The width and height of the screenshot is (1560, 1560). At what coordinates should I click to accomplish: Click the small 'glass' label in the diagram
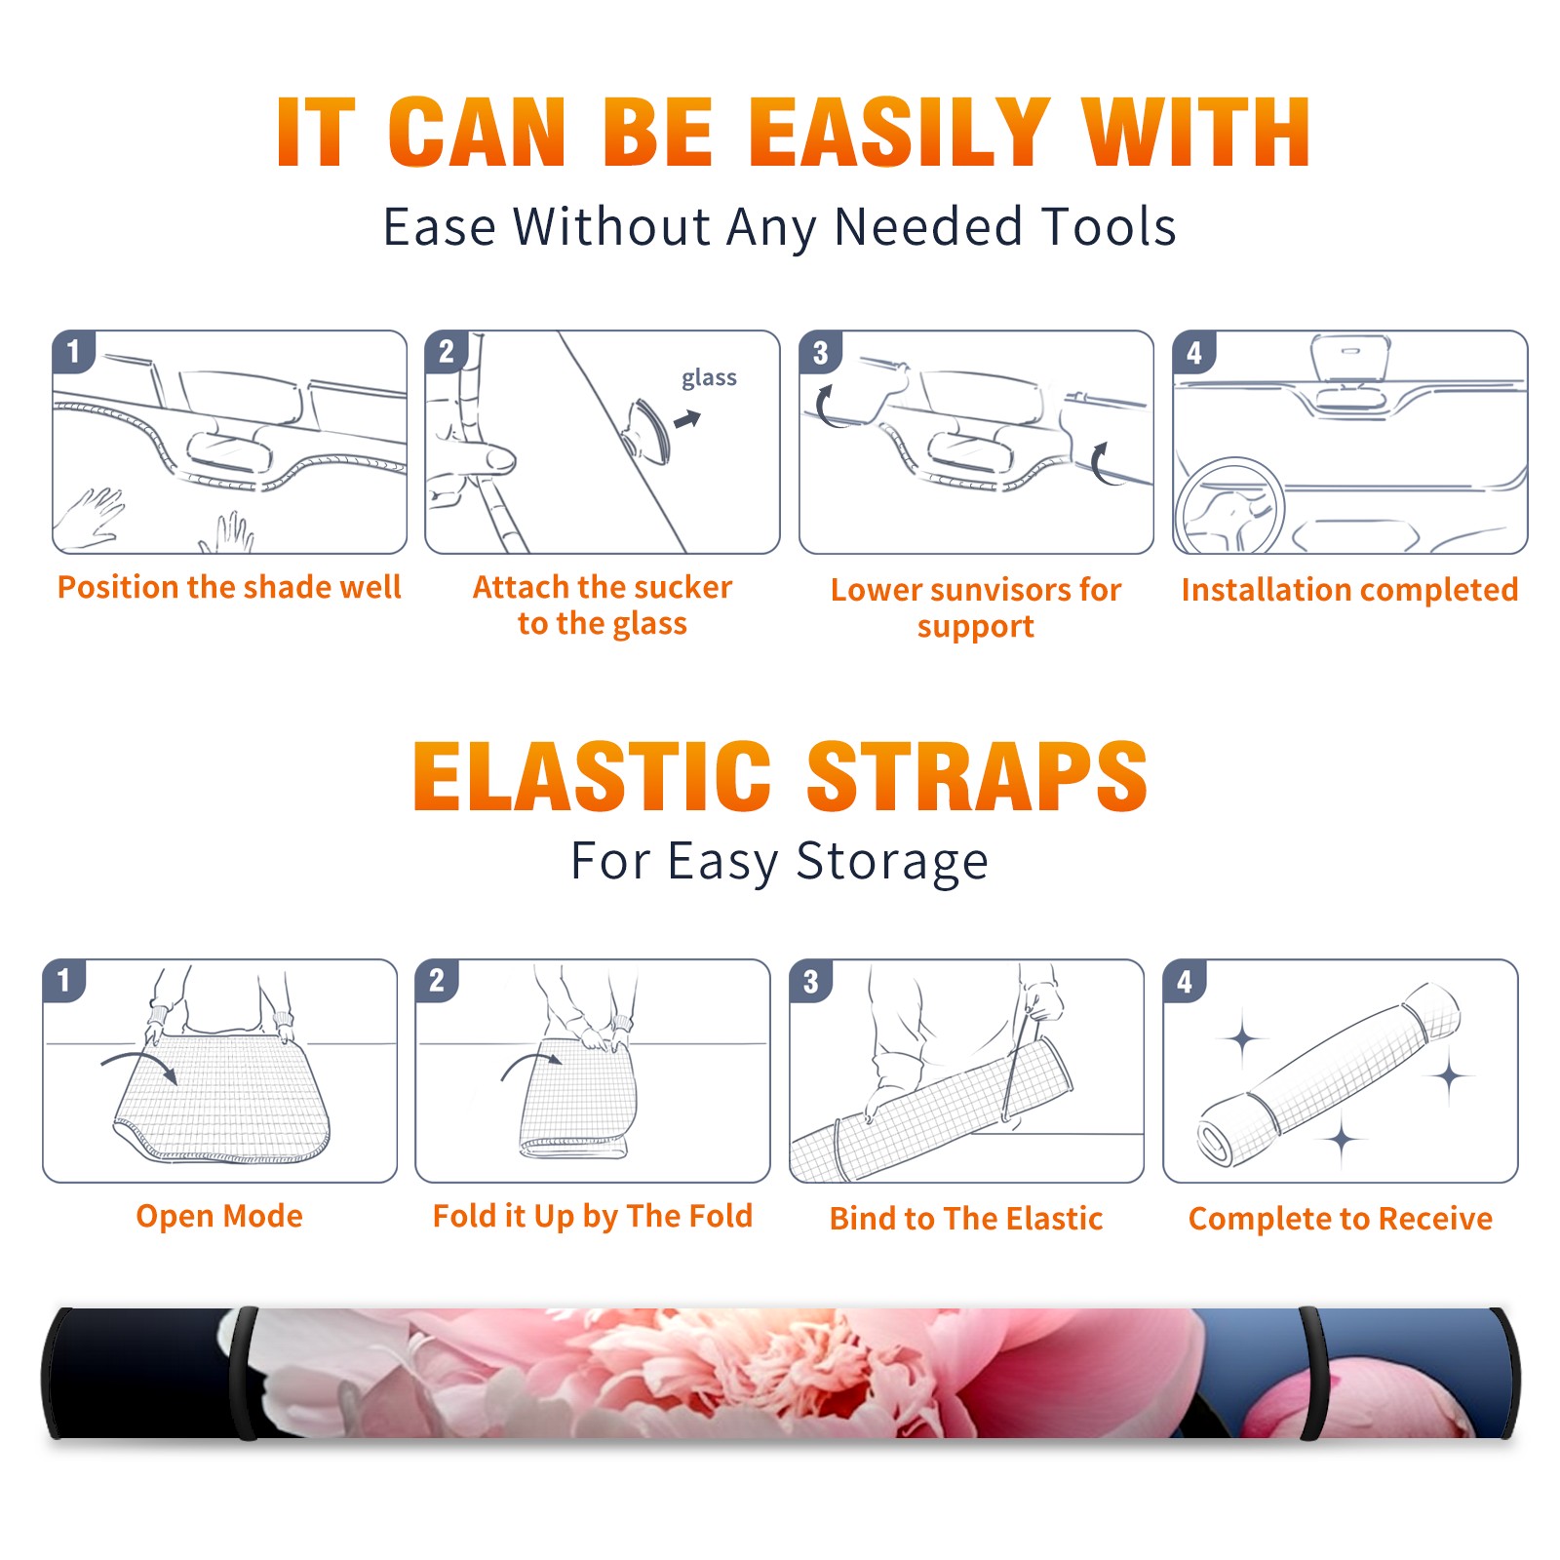coord(709,377)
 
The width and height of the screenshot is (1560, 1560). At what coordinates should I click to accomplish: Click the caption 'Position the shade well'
coord(229,587)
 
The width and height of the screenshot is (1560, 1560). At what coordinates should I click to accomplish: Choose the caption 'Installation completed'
coord(1349,590)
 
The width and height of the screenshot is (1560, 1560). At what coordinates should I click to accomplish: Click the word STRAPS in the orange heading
coord(977,776)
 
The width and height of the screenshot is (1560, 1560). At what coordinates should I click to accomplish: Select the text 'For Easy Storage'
coord(779,861)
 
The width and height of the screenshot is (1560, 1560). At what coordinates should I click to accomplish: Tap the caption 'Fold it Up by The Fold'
coord(593,1216)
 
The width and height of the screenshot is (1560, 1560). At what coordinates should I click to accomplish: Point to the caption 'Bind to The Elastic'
coord(966,1219)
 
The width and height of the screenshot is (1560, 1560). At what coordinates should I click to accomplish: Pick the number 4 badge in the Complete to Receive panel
coord(1185,981)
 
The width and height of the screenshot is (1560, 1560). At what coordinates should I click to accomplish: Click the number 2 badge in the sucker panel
coord(447,352)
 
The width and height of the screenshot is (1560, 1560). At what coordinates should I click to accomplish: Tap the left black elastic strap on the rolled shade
coord(244,1373)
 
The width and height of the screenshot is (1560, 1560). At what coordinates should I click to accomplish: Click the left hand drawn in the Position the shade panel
coord(90,518)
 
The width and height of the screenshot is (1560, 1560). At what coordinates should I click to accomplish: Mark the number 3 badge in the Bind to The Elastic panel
coord(811,981)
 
